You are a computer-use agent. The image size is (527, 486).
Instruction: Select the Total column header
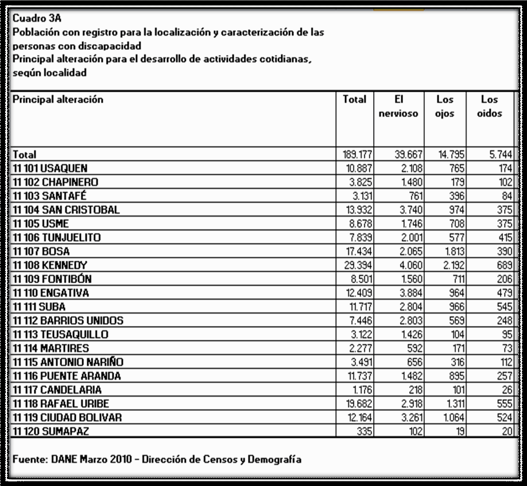(354, 100)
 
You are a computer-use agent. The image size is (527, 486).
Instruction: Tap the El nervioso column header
(398, 107)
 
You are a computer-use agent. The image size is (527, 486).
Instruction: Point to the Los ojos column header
(444, 107)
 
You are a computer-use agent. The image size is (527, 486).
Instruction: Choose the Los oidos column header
(489, 107)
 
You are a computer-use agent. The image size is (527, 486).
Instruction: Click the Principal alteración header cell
(57, 100)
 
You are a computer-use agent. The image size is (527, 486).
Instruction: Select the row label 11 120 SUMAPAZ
(50, 431)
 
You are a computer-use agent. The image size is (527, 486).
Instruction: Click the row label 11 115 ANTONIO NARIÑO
(67, 362)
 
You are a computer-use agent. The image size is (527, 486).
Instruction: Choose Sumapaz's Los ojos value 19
(459, 431)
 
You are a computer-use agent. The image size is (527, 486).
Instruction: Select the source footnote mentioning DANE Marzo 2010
(156, 460)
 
